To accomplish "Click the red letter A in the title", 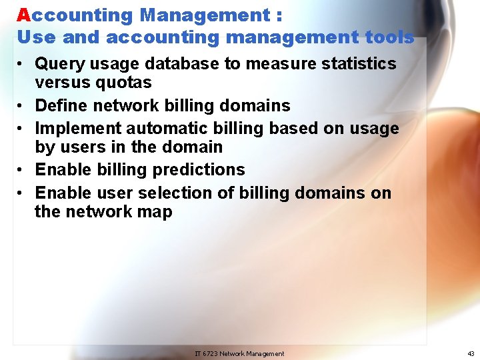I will [23, 15].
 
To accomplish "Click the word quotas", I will [126, 83].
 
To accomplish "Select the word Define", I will [61, 106].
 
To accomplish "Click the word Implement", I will [78, 129].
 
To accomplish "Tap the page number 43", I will [471, 354].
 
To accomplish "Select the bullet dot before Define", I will [22, 106].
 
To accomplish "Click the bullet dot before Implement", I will [22, 129].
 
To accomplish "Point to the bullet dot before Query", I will [22, 65].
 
